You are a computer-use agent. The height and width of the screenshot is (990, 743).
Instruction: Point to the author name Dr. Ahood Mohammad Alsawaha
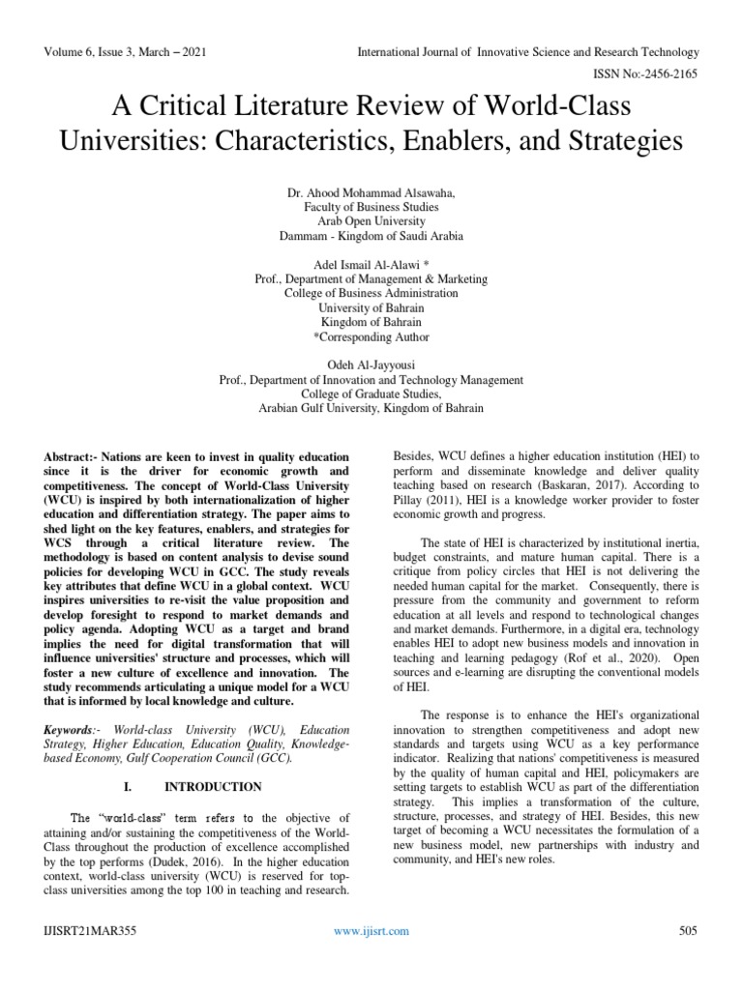pyautogui.click(x=371, y=193)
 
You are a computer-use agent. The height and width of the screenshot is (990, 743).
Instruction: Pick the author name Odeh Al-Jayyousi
pyautogui.click(x=371, y=366)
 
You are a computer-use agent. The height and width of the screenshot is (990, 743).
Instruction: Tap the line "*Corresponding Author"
pyautogui.click(x=371, y=337)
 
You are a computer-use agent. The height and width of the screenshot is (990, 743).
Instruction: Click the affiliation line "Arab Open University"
pyautogui.click(x=371, y=221)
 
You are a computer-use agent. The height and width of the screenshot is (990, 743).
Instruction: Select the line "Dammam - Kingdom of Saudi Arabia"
pyautogui.click(x=371, y=236)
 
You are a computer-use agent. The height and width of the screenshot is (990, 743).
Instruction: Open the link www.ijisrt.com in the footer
pyautogui.click(x=371, y=931)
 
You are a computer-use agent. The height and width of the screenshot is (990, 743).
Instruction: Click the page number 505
pyautogui.click(x=688, y=931)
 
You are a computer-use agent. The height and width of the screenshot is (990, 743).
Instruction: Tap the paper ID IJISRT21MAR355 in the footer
pyautogui.click(x=89, y=931)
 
